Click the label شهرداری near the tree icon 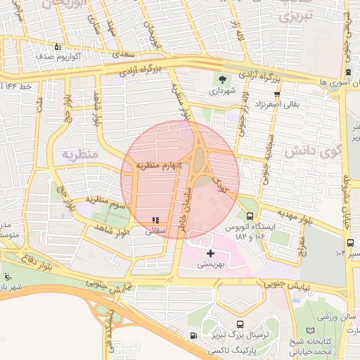coord(222,91)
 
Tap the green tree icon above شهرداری coord(223,79)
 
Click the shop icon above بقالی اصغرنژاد coord(277,93)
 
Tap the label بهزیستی coord(210,265)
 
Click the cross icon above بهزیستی coord(210,253)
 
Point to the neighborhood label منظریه coord(77,154)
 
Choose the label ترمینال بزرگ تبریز coord(240,336)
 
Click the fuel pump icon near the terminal coord(193,335)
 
